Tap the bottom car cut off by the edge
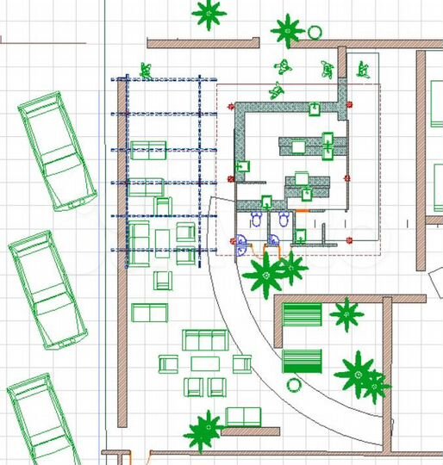pyautogui.click(x=43, y=422)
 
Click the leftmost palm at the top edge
pyautogui.click(x=208, y=13)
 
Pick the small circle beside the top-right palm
pyautogui.click(x=315, y=33)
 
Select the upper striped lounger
pyautogui.click(x=303, y=315)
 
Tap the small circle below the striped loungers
pyautogui.click(x=294, y=384)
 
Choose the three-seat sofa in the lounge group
pyautogui.click(x=203, y=340)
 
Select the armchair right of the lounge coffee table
pyautogui.click(x=240, y=363)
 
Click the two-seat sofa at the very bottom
pyautogui.click(x=242, y=417)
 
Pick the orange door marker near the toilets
pyautogui.click(x=303, y=210)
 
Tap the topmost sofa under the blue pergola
pyautogui.click(x=149, y=148)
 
